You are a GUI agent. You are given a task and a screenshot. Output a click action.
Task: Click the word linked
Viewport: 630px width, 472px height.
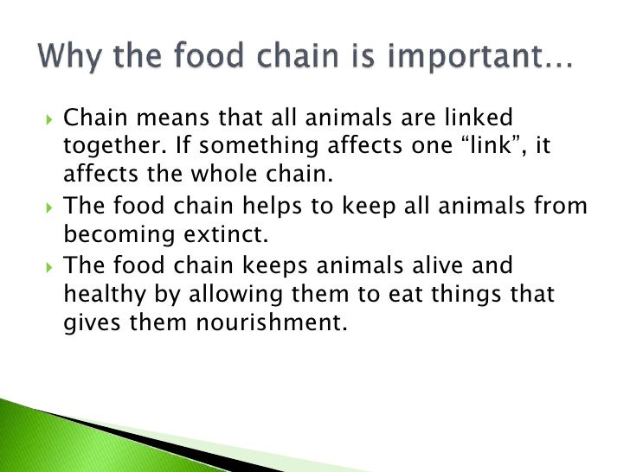click(x=501, y=117)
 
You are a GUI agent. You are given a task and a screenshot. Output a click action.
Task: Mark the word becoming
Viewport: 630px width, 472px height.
click(x=112, y=235)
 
